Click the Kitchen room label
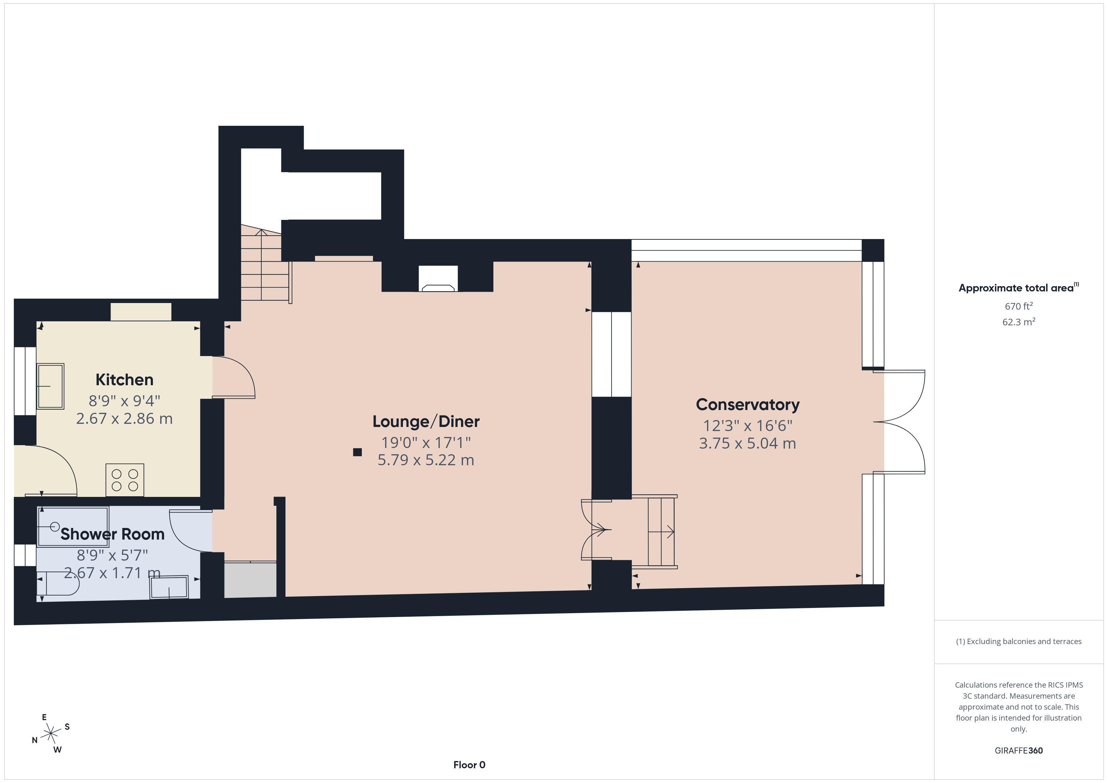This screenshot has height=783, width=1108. point(124,380)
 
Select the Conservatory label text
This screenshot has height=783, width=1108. point(747,404)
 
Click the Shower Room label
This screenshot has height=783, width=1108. point(112,534)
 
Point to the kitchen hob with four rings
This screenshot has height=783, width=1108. point(124,480)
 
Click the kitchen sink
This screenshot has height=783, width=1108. point(51,386)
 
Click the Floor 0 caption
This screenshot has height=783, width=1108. point(469,765)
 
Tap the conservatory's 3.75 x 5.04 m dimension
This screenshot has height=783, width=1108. point(747,443)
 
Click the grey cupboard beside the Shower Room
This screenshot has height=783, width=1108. point(250,580)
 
